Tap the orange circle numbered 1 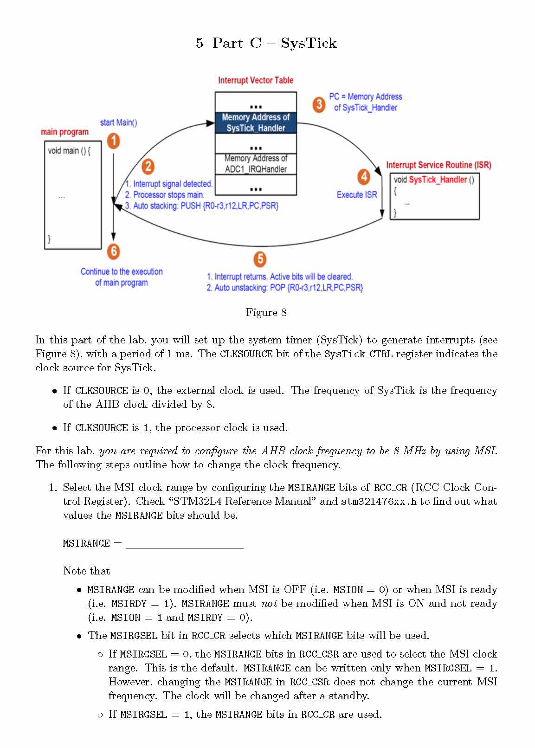point(114,141)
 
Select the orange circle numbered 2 point(148,166)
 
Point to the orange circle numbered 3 point(319,104)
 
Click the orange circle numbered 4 point(364,177)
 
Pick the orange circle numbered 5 point(260,259)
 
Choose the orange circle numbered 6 point(114,251)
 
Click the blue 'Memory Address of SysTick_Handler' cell point(256,123)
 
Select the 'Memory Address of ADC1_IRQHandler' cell point(256,164)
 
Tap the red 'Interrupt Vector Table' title point(256,80)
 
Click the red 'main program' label point(64,132)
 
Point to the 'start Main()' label point(118,123)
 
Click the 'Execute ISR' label point(357,195)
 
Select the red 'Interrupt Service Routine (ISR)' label point(438,165)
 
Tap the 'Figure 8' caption point(266,312)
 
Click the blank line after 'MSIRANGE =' point(185,544)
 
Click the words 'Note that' point(87,571)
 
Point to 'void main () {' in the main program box point(69,151)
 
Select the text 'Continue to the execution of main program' point(122,277)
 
